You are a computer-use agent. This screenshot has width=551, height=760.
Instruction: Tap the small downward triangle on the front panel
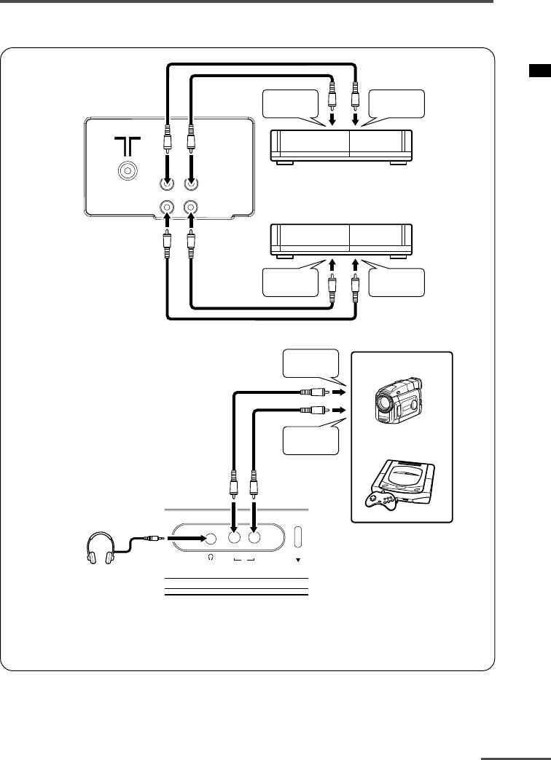297,561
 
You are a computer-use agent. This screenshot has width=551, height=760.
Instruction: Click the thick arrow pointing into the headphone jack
187,539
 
